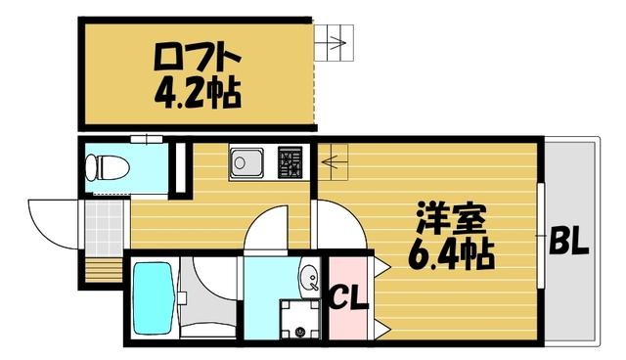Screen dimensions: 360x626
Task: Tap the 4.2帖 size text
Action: [196, 95]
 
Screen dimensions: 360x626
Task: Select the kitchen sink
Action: [247, 162]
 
